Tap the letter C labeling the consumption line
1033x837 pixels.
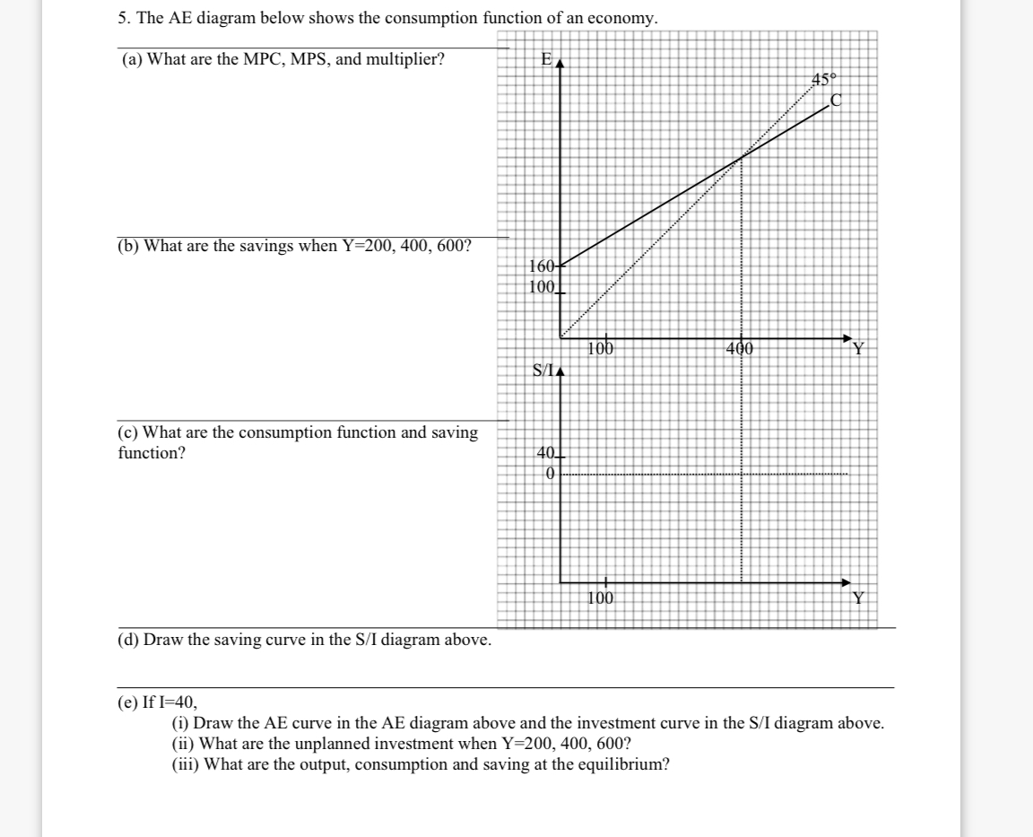click(837, 100)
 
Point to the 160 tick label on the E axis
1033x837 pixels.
click(541, 266)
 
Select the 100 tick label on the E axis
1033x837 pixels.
click(541, 287)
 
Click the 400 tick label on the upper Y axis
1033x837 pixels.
click(741, 348)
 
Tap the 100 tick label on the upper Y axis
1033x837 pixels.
click(601, 348)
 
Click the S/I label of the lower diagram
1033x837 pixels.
click(543, 369)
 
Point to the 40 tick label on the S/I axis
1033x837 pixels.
click(545, 453)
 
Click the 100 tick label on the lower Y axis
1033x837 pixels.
click(601, 597)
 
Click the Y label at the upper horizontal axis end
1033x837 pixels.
click(859, 349)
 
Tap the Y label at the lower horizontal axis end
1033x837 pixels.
click(859, 598)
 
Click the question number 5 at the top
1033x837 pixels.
click(123, 18)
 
